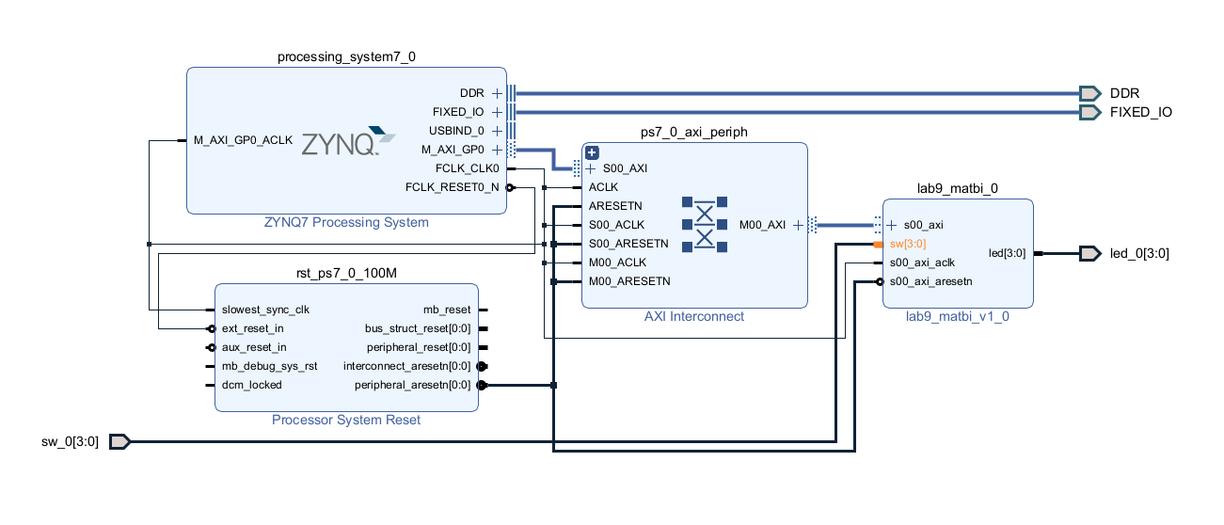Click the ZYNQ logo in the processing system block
341,142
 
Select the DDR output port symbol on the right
1089,93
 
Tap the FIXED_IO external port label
1141,112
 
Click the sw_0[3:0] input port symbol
119,441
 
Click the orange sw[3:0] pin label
907,244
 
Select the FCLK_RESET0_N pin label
453,187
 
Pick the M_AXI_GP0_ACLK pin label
243,140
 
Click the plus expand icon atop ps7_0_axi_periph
592,152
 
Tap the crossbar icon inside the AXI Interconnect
705,225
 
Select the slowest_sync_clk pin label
265,310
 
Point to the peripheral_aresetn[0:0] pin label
412,385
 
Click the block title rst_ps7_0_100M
346,273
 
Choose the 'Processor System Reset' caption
346,420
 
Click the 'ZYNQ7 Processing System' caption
346,223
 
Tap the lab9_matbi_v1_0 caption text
958,316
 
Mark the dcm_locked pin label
252,385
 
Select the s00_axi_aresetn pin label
930,281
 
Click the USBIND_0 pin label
456,131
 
